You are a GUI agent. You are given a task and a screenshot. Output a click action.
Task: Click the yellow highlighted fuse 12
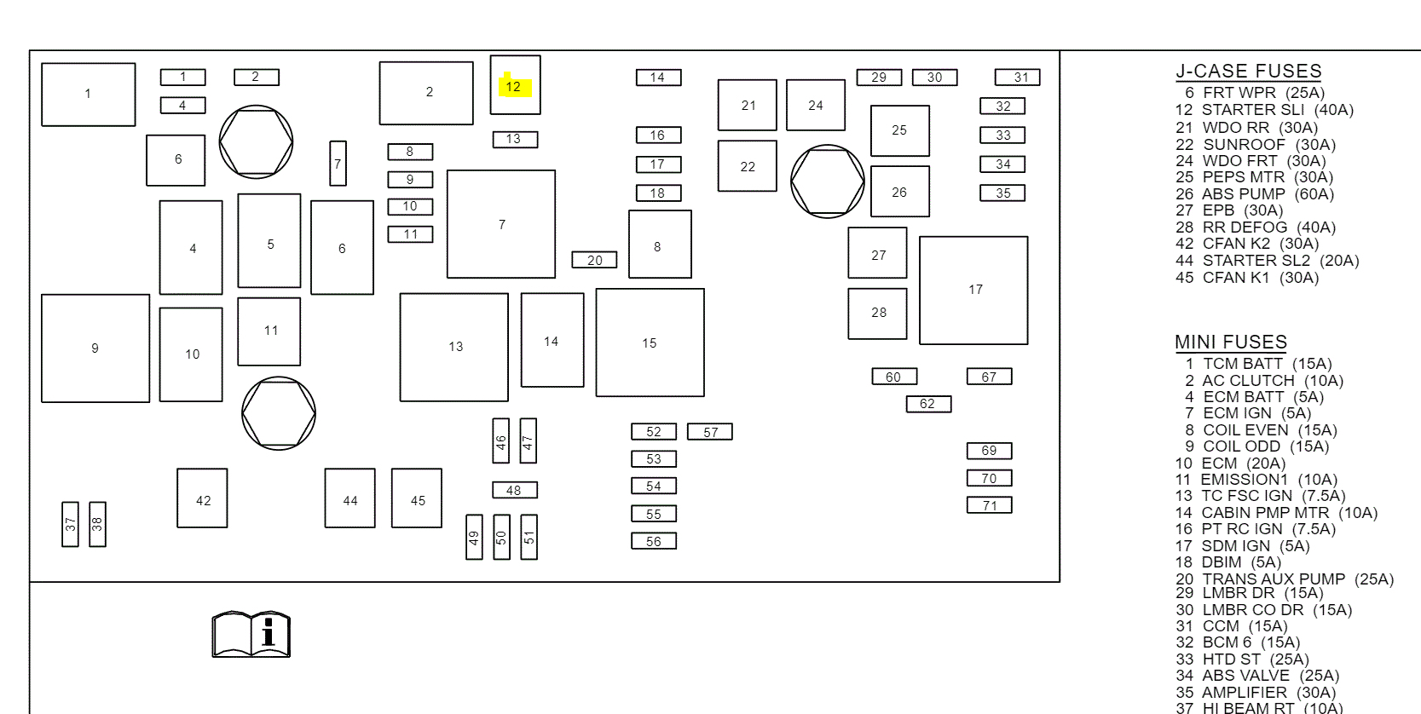coord(515,85)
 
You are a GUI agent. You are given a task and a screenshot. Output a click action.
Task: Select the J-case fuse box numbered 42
coord(202,498)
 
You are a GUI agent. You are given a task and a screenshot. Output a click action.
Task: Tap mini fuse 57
coord(709,432)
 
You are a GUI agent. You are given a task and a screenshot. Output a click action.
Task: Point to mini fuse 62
coord(927,404)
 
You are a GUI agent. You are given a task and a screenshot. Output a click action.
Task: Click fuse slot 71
coord(989,505)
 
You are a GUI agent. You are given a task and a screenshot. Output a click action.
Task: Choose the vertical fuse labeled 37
coord(71,524)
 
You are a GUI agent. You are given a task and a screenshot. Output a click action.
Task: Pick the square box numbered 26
coord(899,192)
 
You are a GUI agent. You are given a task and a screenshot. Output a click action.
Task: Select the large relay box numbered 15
coord(650,343)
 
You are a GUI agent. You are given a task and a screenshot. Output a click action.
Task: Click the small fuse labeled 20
coord(594,260)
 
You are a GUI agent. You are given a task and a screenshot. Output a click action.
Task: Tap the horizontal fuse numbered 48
coord(514,490)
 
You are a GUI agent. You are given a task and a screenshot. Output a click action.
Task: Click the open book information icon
coord(251,634)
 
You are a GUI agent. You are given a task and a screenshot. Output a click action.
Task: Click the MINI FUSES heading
coord(1230,343)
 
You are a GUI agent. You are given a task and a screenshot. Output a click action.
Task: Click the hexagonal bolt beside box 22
coord(827,181)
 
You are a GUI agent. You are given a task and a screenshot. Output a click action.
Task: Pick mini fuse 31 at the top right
coord(1017,78)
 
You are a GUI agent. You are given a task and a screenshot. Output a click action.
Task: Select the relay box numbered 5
coord(269,241)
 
